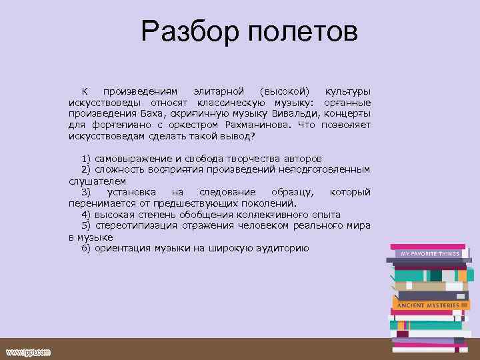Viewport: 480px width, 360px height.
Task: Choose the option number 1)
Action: click(x=86, y=159)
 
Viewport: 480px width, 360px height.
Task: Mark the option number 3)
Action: click(x=86, y=192)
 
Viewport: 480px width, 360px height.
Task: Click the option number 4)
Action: click(x=86, y=215)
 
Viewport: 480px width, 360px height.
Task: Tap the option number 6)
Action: click(x=86, y=248)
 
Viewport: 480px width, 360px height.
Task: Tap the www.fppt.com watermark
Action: click(x=28, y=351)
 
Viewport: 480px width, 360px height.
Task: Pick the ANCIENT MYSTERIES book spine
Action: click(x=429, y=305)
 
